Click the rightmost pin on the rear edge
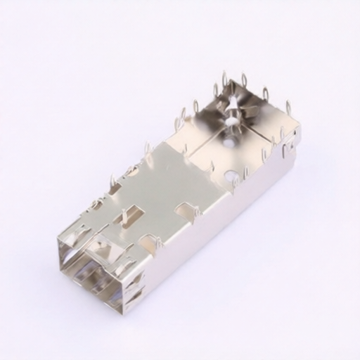coord(288,108)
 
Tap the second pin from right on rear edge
coord(266,94)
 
